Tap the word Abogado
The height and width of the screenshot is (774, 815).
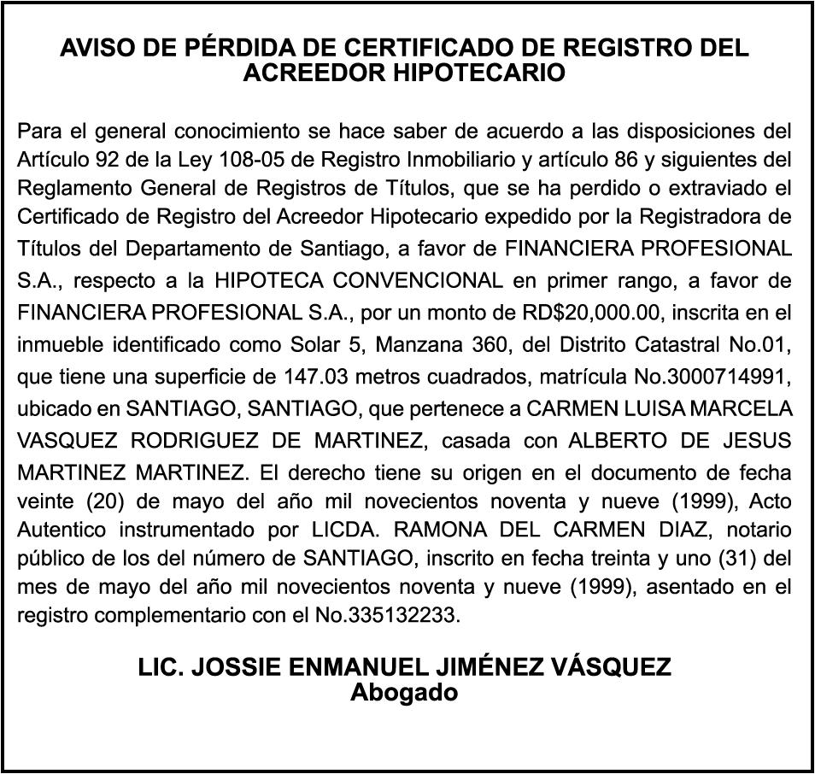(x=404, y=692)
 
